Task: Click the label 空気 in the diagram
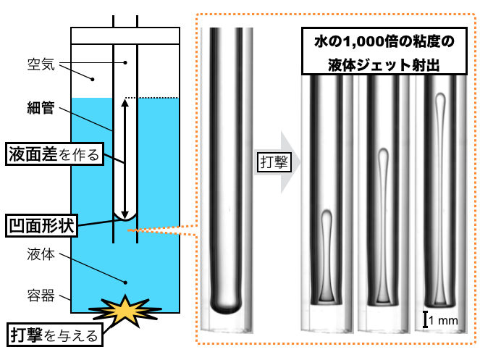click(41, 64)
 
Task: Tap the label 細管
click(41, 107)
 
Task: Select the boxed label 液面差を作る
click(54, 154)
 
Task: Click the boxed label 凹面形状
click(41, 226)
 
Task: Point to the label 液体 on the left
click(41, 254)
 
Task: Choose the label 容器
click(41, 296)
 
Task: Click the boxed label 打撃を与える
click(55, 335)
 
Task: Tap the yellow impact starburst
click(125, 310)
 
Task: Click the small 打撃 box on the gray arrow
click(274, 162)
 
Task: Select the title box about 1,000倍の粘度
click(384, 51)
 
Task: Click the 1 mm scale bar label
click(443, 320)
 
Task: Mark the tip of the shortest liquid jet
click(327, 211)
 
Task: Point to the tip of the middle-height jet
click(383, 149)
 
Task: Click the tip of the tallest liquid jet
click(440, 93)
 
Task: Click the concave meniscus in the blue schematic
click(125, 219)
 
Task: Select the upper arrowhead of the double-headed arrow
click(125, 102)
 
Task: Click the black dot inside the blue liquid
click(125, 282)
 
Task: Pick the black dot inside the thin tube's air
click(125, 62)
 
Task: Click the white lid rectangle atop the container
click(125, 35)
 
